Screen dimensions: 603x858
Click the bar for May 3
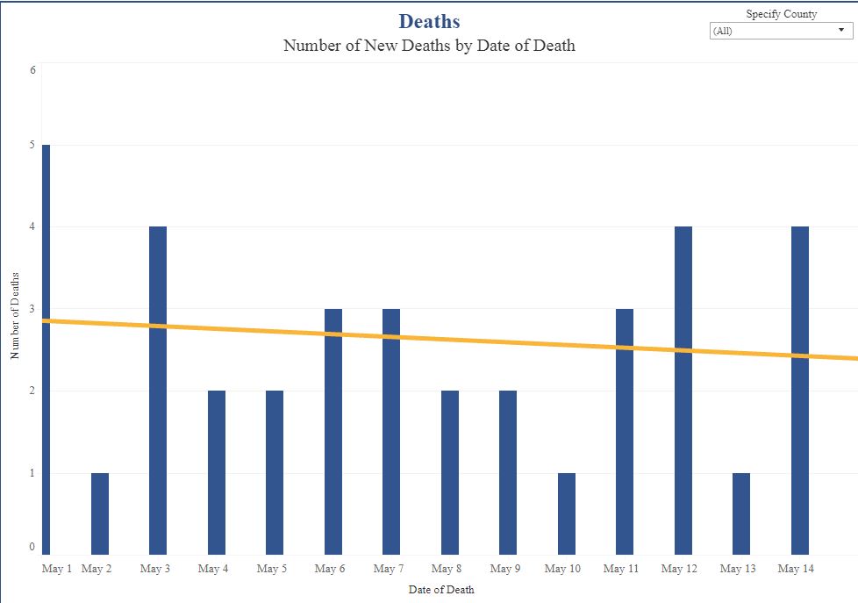[158, 391]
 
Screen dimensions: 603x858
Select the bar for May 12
[683, 391]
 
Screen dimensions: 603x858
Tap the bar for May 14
[799, 391]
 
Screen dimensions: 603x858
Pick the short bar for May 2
[100, 513]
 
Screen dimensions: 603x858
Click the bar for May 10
[567, 513]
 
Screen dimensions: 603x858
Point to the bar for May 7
[391, 432]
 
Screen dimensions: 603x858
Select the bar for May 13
[741, 513]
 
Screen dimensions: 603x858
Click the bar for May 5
[275, 472]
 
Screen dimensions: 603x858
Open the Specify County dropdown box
[780, 31]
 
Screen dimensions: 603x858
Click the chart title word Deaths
[429, 21]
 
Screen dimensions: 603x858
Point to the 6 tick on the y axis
[32, 69]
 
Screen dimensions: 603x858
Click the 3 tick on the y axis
[32, 309]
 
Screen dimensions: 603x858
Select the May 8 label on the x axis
[447, 569]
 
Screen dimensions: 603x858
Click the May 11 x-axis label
[621, 569]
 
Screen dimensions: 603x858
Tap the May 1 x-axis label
[57, 569]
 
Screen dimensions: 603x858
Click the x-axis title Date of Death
[441, 590]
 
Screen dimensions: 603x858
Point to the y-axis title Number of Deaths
[15, 314]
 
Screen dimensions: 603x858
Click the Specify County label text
[781, 14]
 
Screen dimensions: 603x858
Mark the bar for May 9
[508, 472]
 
